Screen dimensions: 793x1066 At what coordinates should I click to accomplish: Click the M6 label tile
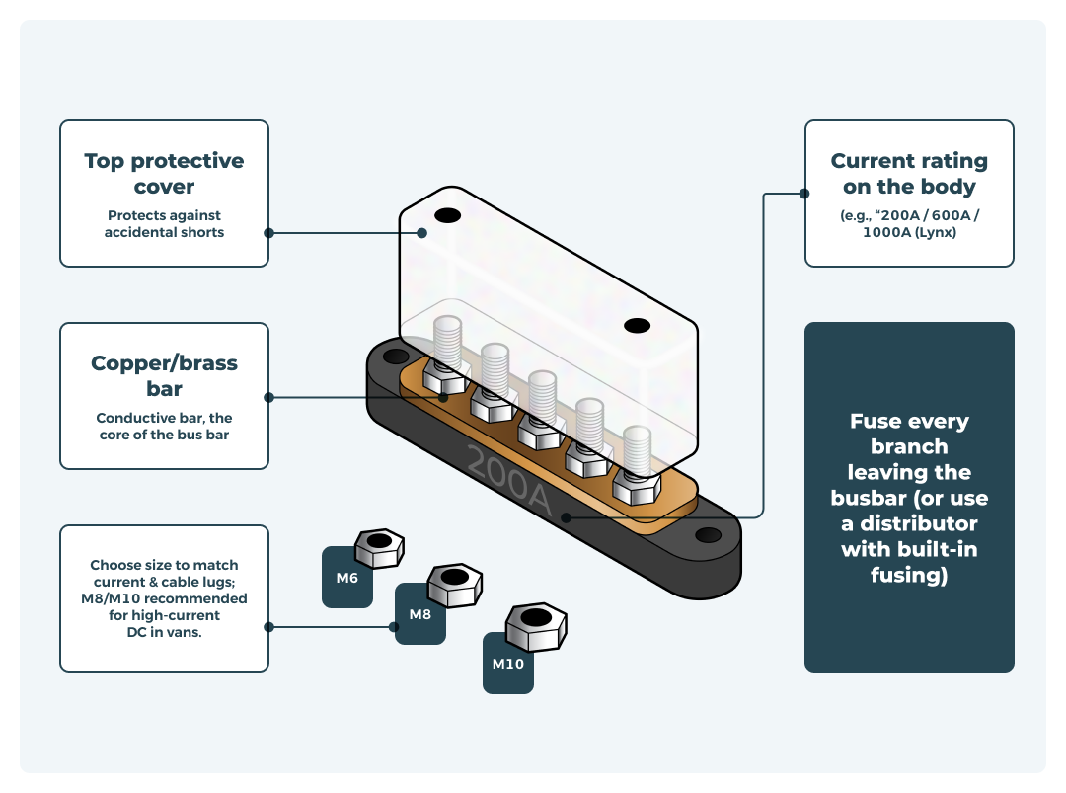pos(345,578)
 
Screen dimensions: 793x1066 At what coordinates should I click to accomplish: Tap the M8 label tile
pos(419,614)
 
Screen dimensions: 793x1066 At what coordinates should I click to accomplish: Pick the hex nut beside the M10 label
pos(534,625)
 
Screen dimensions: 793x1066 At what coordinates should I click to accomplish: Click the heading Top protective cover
pos(164,173)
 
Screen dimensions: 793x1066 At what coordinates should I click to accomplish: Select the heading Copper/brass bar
pos(164,375)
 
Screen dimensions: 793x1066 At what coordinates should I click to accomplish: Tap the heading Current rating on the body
pos(909,173)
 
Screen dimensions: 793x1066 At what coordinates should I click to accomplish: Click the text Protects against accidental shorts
pos(164,223)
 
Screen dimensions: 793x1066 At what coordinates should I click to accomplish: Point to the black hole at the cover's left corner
pos(447,215)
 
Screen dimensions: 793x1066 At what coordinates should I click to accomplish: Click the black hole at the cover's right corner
pos(637,325)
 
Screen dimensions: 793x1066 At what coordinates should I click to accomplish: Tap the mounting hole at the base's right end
pos(708,535)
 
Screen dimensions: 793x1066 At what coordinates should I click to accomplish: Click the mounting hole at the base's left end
pos(395,356)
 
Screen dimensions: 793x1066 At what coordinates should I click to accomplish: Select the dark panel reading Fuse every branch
pos(909,497)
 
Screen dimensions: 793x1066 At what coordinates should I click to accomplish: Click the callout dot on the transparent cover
pos(421,233)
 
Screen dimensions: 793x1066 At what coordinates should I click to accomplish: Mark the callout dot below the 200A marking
pos(566,516)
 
